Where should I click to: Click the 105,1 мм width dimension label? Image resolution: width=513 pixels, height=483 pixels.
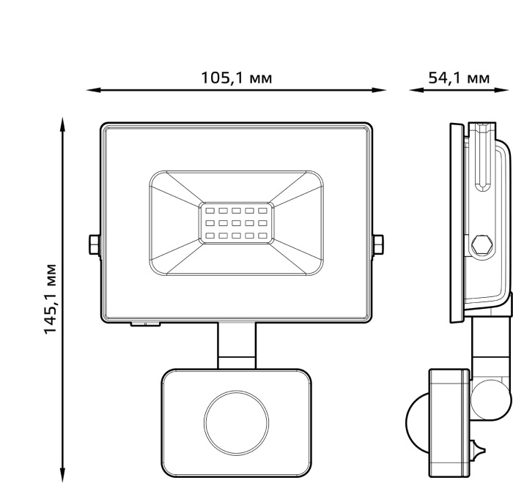[236, 78]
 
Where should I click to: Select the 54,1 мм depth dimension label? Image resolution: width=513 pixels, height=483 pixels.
[459, 78]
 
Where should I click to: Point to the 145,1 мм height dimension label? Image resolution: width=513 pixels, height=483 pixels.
[50, 298]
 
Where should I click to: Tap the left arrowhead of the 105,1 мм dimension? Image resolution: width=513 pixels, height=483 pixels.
[93, 90]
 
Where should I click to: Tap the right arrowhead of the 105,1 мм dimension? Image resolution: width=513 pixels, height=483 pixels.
[379, 90]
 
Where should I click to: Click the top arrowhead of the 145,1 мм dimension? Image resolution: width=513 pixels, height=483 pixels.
[62, 124]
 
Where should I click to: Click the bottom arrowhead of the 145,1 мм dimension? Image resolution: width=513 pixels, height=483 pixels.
[62, 474]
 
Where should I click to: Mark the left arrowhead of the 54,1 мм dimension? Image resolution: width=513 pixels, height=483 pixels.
[416, 90]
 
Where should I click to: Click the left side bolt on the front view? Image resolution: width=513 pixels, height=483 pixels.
[95, 244]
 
